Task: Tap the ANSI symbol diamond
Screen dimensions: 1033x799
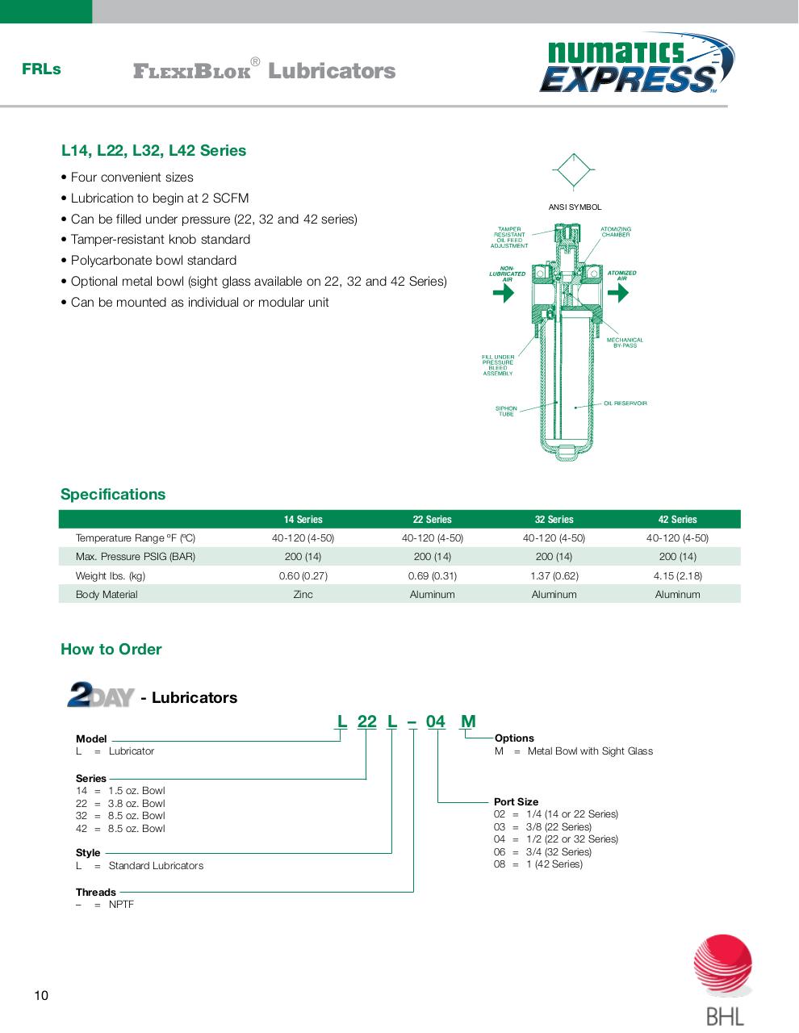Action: [574, 171]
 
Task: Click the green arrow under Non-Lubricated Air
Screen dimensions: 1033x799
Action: [504, 293]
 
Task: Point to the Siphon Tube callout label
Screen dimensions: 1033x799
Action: [506, 412]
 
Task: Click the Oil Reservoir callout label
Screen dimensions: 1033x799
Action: [625, 404]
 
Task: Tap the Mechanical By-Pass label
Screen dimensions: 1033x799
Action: [625, 343]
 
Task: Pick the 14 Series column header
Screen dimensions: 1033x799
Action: [303, 520]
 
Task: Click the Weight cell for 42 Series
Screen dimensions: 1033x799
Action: [677, 576]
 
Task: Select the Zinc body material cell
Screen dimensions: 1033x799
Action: [303, 595]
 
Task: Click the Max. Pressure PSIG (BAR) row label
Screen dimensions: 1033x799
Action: [136, 557]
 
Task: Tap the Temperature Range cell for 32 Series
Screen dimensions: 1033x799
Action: [554, 538]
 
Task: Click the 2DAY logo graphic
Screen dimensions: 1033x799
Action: [100, 695]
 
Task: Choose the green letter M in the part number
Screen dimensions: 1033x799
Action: [468, 721]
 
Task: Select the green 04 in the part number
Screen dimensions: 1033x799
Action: [436, 721]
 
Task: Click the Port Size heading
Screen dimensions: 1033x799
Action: [516, 802]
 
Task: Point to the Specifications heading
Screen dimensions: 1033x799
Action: [113, 495]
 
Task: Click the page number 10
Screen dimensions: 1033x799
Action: [41, 996]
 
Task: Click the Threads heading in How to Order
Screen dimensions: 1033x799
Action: [96, 893]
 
